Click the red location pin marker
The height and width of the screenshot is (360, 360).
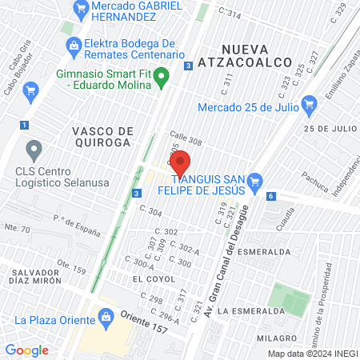180,163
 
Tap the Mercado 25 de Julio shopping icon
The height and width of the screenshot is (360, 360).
310,103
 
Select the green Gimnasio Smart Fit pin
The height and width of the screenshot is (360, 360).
162,78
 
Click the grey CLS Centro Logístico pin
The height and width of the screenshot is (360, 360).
34,150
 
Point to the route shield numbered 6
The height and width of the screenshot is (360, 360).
272,196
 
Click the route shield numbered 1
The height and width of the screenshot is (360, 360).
25,125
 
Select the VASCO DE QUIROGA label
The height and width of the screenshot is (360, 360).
101,136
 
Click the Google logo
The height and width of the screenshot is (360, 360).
26,350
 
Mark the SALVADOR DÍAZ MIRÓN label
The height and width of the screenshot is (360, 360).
35,276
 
